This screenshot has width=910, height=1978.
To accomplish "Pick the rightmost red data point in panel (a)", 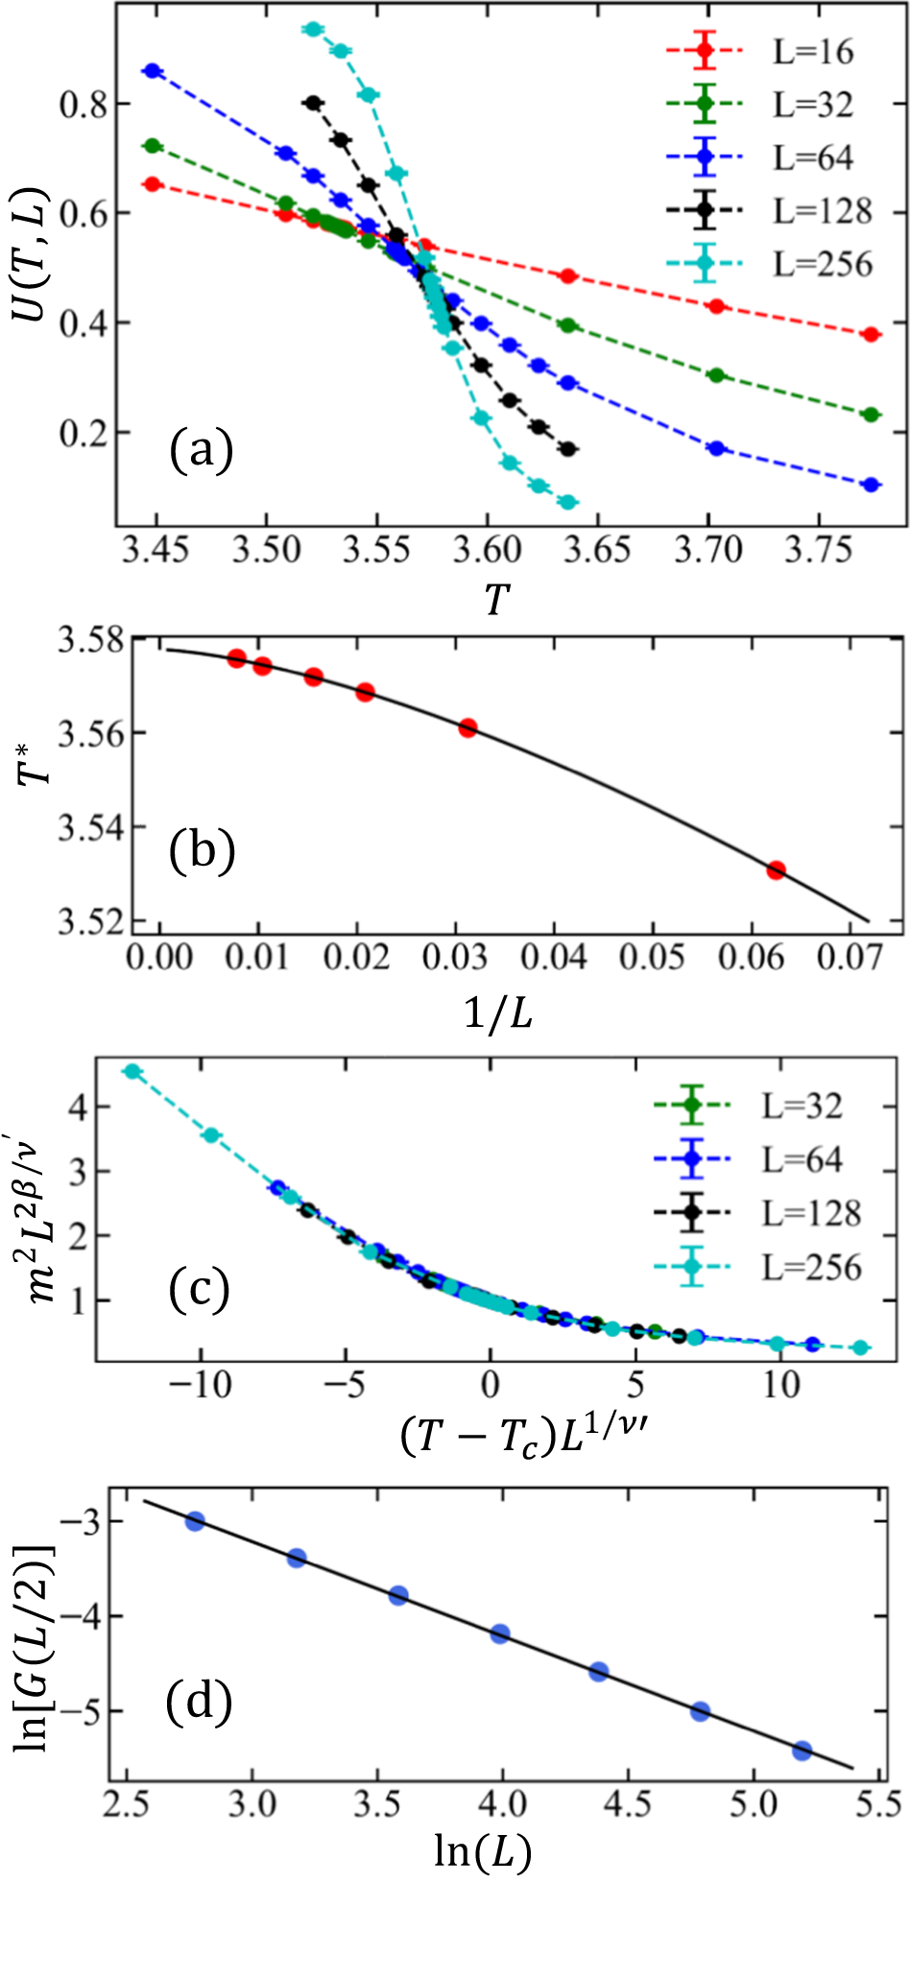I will pos(871,334).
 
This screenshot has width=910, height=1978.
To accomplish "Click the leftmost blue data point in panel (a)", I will pos(152,71).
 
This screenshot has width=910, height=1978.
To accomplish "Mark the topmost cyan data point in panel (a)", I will pos(313,29).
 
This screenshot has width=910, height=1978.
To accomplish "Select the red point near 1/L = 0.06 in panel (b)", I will pos(776,870).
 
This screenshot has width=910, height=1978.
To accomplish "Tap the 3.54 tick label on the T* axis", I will pos(88,826).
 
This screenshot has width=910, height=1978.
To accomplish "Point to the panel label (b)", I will pos(202,850).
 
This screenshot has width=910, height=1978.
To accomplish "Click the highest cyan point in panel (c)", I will pos(132,1071).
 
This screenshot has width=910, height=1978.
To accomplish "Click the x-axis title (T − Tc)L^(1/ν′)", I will pos(527,1436).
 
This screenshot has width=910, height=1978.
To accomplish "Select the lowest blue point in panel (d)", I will pos(802,1751).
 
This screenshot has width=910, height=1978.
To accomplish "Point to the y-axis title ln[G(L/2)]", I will pos(35,1647).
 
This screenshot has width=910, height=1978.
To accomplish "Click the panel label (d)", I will pos(199,1702).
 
